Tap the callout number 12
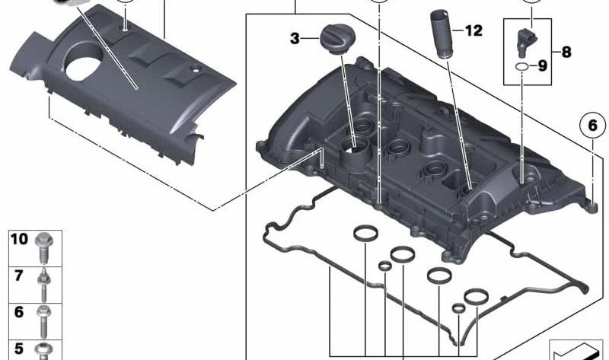(x=473, y=31)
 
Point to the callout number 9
(x=542, y=66)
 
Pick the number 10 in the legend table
(x=20, y=240)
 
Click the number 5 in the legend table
(x=19, y=349)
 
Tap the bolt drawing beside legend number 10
(x=46, y=245)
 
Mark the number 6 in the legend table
(x=19, y=312)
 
